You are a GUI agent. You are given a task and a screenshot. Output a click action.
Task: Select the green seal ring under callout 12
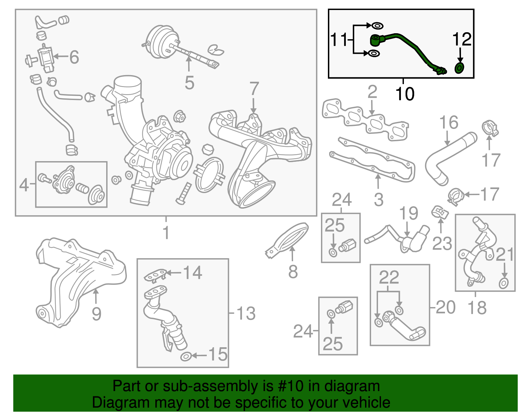pyautogui.click(x=459, y=68)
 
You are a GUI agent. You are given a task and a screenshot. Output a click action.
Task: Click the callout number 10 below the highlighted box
pyautogui.click(x=405, y=94)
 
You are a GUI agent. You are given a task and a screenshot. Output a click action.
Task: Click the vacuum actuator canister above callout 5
pyautogui.click(x=161, y=42)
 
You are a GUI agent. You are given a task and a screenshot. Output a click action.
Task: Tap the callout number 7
pyautogui.click(x=254, y=89)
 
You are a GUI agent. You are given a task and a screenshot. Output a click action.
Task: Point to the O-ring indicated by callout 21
pyautogui.click(x=503, y=283)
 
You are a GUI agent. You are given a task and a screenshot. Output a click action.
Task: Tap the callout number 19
pyautogui.click(x=409, y=213)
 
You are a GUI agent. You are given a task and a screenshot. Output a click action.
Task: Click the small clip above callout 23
pyautogui.click(x=440, y=213)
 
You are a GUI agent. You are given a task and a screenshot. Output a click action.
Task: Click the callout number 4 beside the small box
pyautogui.click(x=24, y=185)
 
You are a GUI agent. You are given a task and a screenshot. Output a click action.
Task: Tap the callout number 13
pyautogui.click(x=246, y=314)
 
